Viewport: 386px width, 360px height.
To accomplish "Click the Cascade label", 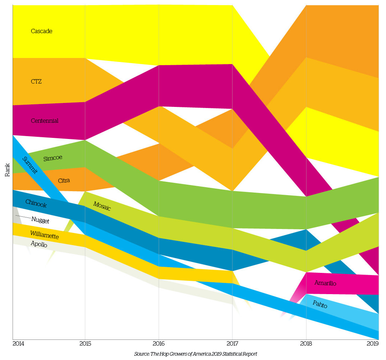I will tap(41, 31).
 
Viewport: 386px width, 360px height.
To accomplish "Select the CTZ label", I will tap(36, 82).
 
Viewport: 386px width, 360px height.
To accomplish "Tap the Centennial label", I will tap(45, 121).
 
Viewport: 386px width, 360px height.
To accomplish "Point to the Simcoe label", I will tap(53, 158).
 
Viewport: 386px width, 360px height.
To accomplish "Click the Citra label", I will tap(64, 180).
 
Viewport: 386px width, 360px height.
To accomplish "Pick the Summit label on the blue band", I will tap(30, 165).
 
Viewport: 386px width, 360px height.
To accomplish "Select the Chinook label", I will tap(36, 204).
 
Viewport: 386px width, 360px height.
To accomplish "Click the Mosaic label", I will tap(102, 206).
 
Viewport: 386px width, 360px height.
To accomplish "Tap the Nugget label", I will tap(40, 220).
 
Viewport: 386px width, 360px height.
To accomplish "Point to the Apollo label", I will tap(38, 244).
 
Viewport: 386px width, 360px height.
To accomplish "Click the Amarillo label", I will tap(325, 283).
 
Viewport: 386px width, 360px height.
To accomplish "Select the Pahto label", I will tap(320, 304).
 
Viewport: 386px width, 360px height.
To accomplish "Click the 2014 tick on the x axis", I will tap(18, 344).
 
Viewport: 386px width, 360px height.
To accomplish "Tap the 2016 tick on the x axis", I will tap(159, 344).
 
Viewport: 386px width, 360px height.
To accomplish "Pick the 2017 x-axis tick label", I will tap(232, 344).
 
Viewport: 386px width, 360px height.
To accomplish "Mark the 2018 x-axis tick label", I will tap(306, 344).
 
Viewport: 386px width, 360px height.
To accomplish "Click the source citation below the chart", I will tap(195, 354).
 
